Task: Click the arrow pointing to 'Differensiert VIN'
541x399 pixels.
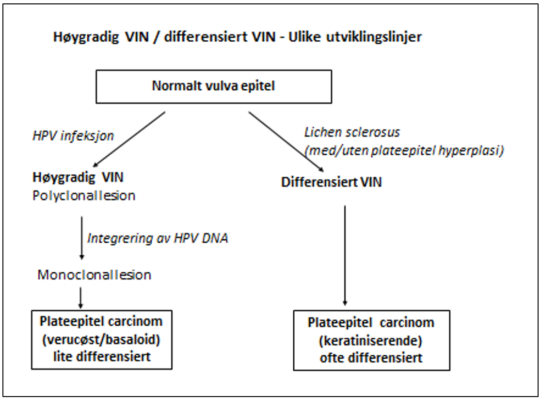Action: tap(286, 141)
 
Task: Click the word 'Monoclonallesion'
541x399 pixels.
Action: tap(95, 275)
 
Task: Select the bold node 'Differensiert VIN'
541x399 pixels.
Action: tap(332, 183)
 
